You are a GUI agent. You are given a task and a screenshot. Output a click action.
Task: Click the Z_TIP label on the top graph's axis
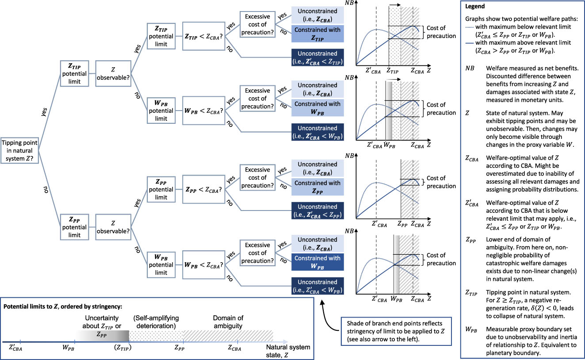[x=393, y=70]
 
